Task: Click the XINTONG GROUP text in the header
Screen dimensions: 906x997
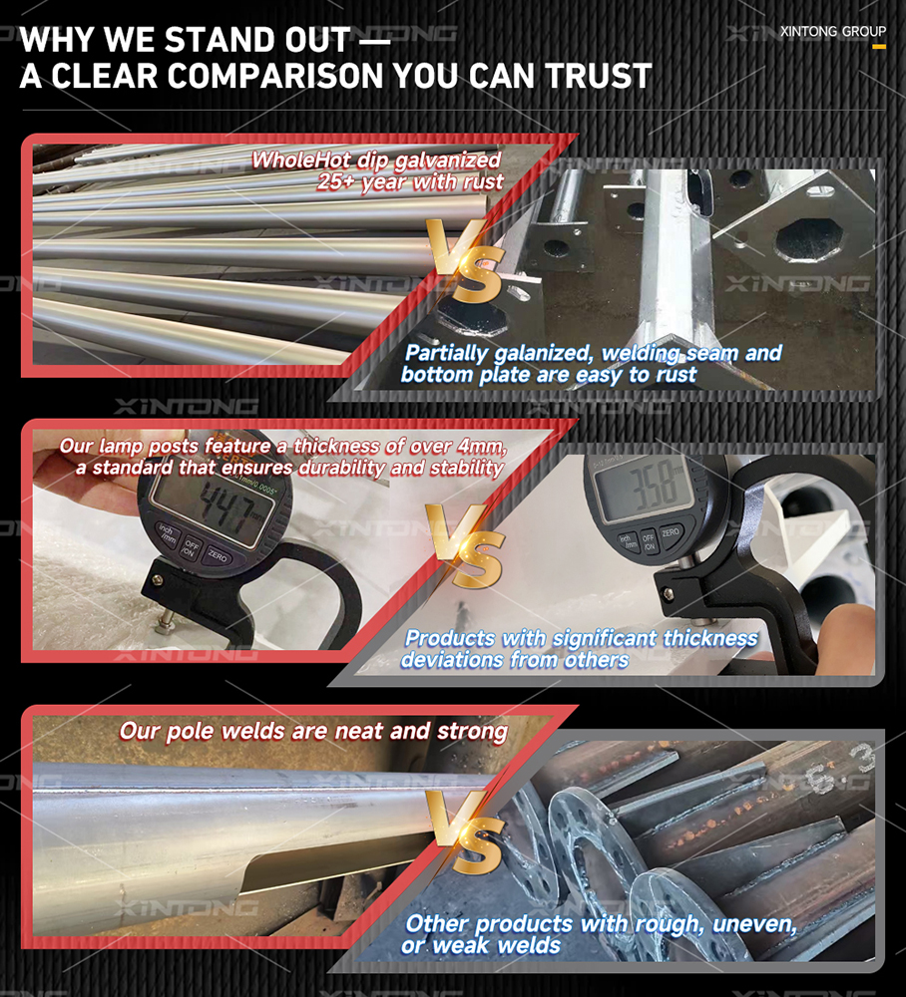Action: point(833,31)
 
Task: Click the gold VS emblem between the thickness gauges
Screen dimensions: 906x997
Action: point(467,545)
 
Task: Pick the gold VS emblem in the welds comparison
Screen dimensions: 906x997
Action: point(467,831)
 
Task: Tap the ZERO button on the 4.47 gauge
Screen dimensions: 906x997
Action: point(218,556)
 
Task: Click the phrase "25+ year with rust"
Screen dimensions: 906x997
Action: point(410,182)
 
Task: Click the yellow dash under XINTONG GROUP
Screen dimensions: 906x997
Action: point(879,47)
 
